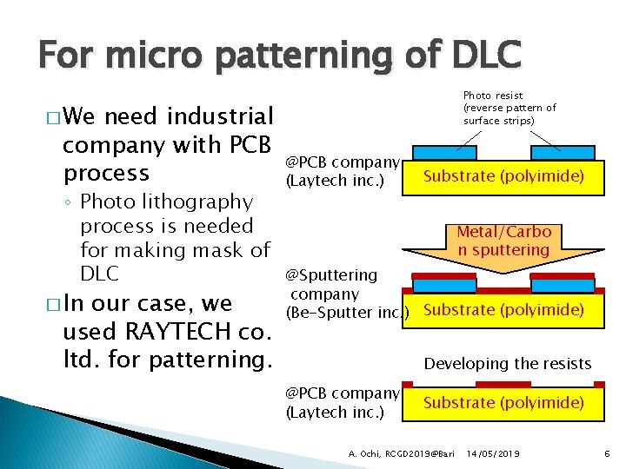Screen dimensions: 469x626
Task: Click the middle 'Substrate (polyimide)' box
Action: [x=503, y=310]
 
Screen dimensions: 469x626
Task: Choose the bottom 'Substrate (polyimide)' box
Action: [x=503, y=402]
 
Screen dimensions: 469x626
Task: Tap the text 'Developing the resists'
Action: [x=507, y=364]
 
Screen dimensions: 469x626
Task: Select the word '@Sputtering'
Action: [x=332, y=275]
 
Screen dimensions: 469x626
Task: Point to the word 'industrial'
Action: [x=220, y=116]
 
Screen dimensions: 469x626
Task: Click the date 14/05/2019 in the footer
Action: [x=493, y=453]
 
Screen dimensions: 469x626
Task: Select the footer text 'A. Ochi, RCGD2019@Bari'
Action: [x=402, y=453]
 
